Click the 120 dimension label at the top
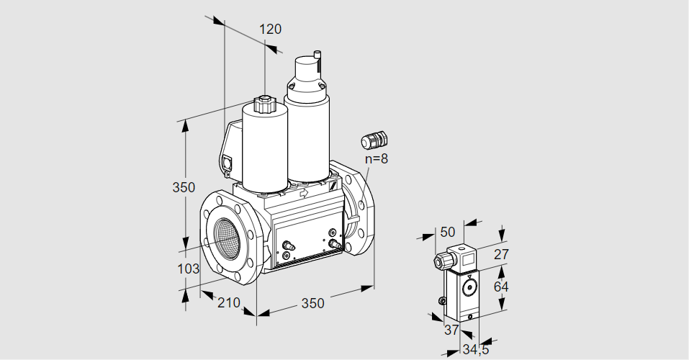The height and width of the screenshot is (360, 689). (x=270, y=30)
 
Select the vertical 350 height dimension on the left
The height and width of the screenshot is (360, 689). (x=184, y=188)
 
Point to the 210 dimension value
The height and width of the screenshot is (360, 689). (x=228, y=303)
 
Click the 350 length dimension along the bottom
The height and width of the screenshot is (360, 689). (x=312, y=303)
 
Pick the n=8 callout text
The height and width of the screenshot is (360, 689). (x=376, y=159)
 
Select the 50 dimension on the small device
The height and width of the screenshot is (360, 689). (x=447, y=232)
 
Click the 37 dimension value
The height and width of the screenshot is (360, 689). (x=451, y=330)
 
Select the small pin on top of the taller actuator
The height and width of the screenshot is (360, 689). (x=317, y=55)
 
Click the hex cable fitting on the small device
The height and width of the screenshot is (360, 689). (x=439, y=261)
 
